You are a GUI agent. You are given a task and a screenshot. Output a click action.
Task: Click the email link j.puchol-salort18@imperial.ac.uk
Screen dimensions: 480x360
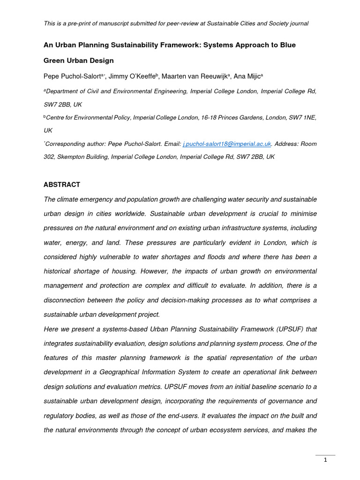227,144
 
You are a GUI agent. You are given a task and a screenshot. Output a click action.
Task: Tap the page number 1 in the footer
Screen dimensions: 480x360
325,460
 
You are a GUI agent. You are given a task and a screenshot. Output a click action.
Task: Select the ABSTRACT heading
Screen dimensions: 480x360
62,185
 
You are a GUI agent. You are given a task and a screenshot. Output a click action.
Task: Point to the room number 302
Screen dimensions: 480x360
49,157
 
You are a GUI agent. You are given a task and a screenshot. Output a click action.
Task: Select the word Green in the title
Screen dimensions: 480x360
54,60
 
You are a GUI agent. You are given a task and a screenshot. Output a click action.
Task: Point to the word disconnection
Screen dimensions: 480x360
68,300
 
